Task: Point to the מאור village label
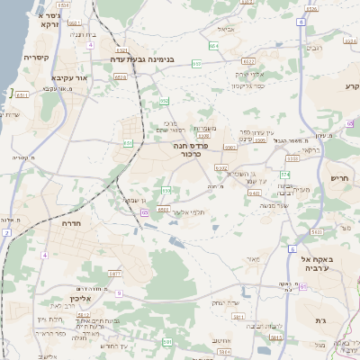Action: pos(253,259)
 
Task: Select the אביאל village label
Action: pos(226,29)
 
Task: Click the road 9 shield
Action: pos(118,292)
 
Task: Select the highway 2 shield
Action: pos(6,232)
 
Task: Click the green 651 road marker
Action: pos(129,142)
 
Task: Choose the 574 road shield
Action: pos(286,174)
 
